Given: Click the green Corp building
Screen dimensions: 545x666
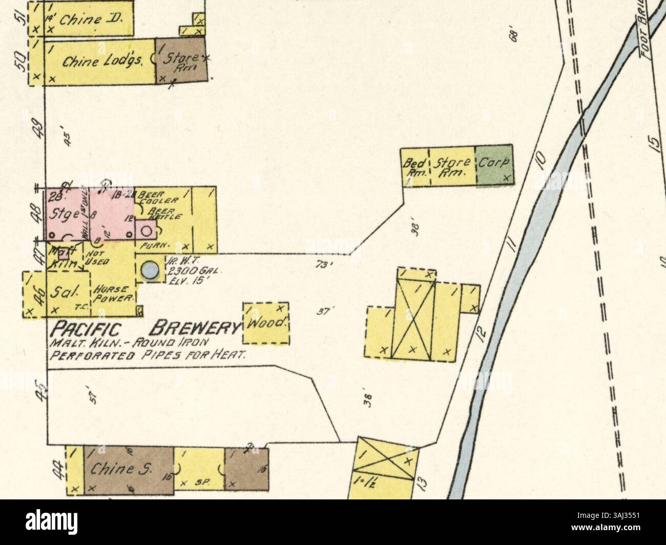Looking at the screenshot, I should tap(494, 166).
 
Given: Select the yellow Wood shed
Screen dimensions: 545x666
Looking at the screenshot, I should tap(265, 323).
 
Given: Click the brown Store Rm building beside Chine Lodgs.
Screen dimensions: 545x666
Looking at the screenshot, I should tap(181, 60).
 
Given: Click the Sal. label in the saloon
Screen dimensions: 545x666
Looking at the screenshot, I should tap(68, 292).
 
